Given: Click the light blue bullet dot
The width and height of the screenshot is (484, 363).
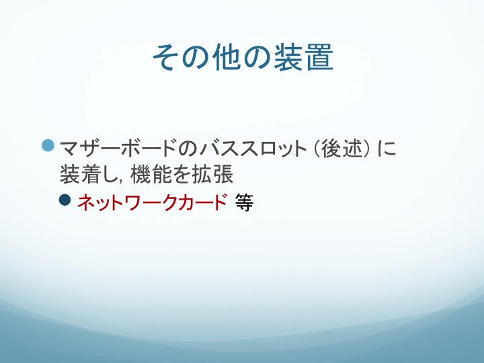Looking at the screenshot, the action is [48, 146].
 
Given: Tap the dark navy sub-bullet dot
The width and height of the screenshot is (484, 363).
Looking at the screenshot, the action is [65, 200].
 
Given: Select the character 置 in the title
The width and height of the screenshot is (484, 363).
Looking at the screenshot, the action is [319, 57].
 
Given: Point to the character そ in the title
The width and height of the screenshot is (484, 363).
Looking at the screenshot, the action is [167, 57].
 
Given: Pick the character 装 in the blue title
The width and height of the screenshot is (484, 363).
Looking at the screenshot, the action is [288, 57].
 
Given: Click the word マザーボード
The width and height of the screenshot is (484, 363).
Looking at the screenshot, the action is [118, 149].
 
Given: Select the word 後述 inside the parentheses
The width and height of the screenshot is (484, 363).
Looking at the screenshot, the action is [341, 149].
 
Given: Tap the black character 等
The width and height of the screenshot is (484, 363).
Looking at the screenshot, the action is [244, 202].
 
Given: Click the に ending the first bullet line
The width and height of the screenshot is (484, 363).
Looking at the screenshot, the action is [387, 149].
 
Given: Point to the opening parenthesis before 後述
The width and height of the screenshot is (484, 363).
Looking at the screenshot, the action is [317, 149].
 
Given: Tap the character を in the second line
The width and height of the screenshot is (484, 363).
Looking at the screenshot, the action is [182, 175].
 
